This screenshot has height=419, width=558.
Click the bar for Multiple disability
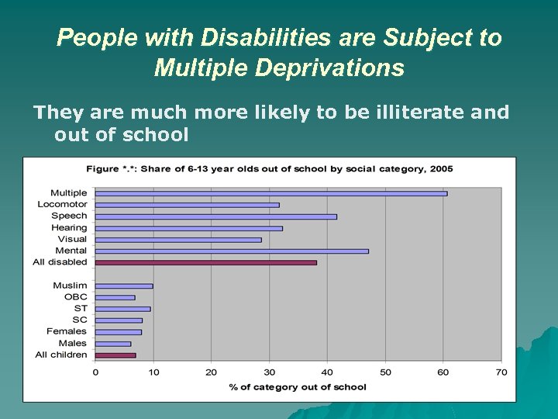271,193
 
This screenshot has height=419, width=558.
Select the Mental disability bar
232,251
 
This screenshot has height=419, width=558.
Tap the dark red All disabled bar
205,262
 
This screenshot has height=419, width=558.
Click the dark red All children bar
115,355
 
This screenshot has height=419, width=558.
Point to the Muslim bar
124,286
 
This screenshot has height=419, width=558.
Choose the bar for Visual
178,240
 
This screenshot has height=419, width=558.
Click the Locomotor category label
62,205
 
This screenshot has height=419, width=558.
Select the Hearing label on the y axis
69,228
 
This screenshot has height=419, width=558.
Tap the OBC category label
76,297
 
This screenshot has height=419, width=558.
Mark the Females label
67,331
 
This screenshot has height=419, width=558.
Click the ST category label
81,308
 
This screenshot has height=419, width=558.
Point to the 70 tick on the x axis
501,372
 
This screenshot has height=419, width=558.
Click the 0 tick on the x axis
95,372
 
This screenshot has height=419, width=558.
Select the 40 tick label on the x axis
327,372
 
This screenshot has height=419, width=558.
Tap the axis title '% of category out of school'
298,386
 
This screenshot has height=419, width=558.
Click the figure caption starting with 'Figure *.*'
269,168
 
